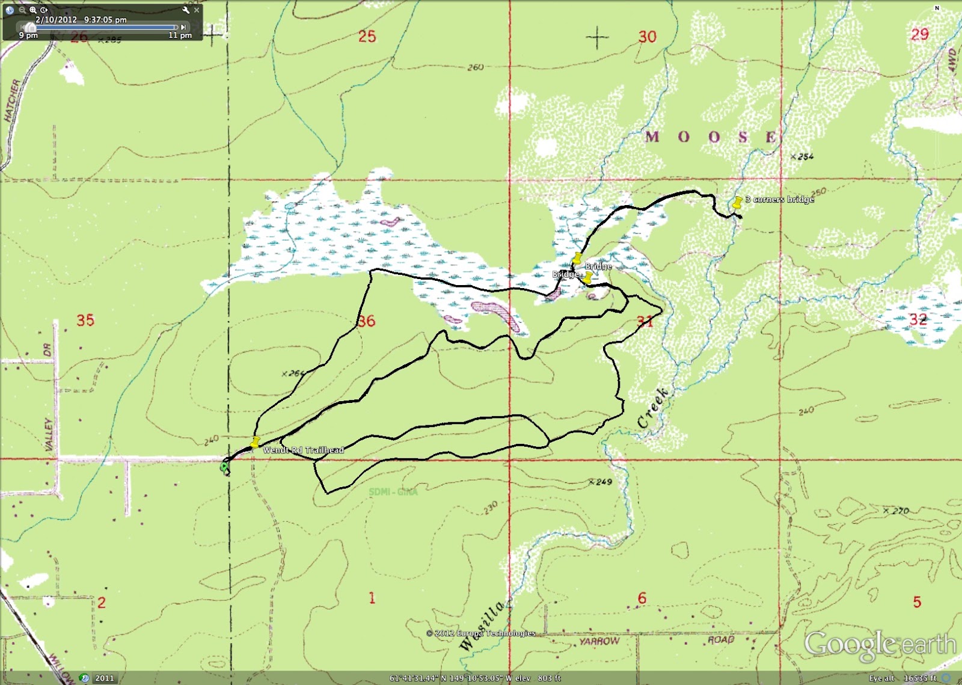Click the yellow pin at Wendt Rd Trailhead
click(x=255, y=442)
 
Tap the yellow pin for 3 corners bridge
click(x=737, y=201)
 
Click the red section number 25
click(x=367, y=37)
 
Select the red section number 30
click(x=648, y=37)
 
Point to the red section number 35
click(x=85, y=320)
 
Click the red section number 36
click(x=366, y=321)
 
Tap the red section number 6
click(x=642, y=598)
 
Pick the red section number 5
click(x=917, y=602)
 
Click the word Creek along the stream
click(x=653, y=408)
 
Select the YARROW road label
click(x=599, y=641)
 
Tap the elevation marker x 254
click(x=802, y=156)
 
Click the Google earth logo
click(x=880, y=644)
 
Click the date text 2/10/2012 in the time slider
click(x=56, y=19)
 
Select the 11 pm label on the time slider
click(x=180, y=35)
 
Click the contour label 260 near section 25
click(x=476, y=67)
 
